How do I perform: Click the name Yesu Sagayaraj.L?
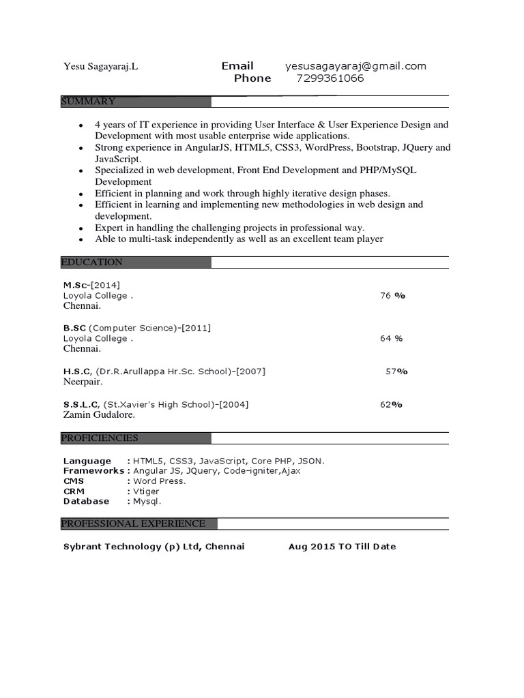pos(100,67)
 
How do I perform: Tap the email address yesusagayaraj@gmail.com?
pos(355,66)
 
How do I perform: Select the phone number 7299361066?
pos(330,78)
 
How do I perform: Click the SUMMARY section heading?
pos(89,102)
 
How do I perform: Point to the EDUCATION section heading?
pos(92,262)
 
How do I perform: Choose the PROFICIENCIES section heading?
pos(100,438)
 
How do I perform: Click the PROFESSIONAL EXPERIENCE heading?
pos(133,523)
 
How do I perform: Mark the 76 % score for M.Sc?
pos(392,296)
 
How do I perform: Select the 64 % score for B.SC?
pos(391,338)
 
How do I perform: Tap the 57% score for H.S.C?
pos(396,371)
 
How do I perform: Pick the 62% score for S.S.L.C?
pos(391,404)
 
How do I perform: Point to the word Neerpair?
pos(83,382)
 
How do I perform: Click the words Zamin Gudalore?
pos(99,414)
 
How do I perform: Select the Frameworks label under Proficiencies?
pos(93,471)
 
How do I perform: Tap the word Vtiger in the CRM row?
pos(146,491)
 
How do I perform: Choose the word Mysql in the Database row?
pos(147,502)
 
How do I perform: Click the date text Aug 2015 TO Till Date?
pos(342,547)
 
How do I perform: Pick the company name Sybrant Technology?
pos(113,547)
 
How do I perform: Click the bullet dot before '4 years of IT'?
pos(81,126)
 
